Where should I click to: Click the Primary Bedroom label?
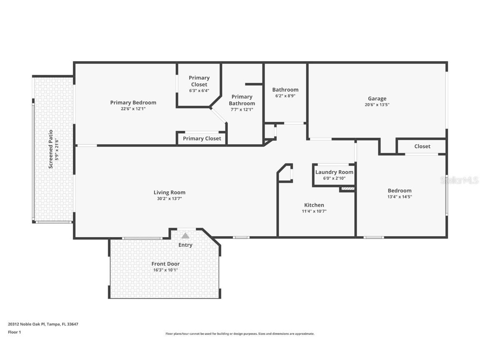(133, 102)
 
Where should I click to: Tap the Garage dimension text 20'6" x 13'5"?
(377, 105)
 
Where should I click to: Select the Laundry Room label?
(334, 172)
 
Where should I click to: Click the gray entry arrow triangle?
(185, 236)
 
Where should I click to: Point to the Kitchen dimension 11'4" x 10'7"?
(314, 211)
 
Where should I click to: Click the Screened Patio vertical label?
(50, 149)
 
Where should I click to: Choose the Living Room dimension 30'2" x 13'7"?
(169, 199)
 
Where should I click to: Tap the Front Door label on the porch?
(165, 264)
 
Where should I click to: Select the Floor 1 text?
(14, 332)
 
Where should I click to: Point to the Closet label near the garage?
(422, 146)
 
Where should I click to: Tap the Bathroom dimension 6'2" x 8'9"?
(285, 96)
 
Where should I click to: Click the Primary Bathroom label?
(242, 100)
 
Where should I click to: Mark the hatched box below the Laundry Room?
(347, 189)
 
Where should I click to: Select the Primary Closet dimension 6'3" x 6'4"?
(199, 90)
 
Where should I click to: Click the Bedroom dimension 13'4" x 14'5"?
(399, 197)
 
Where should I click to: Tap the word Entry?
(185, 245)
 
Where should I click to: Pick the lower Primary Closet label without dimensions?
(202, 138)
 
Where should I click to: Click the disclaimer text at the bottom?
(240, 334)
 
